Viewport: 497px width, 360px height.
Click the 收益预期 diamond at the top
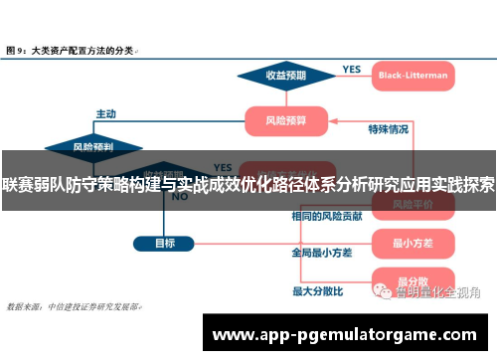click(x=285, y=75)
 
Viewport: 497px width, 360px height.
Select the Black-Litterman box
click(x=414, y=75)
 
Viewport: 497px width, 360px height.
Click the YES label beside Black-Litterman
click(x=352, y=69)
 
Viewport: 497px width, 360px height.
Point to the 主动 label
click(x=106, y=112)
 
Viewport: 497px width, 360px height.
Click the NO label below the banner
click(x=180, y=197)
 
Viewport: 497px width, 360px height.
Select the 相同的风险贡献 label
click(x=323, y=216)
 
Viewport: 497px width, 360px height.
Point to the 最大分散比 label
click(x=317, y=290)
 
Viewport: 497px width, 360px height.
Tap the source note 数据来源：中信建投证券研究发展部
click(x=74, y=306)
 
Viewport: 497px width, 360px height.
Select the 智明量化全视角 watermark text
click(x=437, y=291)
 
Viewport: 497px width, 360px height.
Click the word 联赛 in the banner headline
click(x=17, y=185)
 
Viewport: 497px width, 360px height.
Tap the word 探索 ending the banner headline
click(x=479, y=185)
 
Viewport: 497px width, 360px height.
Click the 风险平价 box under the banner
click(x=410, y=204)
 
